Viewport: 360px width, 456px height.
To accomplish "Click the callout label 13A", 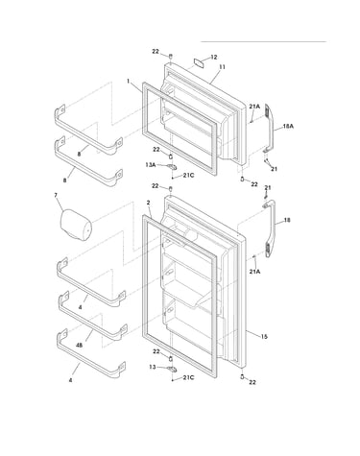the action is pos(150,165).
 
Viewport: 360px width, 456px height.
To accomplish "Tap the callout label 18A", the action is pos(288,127).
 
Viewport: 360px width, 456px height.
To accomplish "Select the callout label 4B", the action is pos(80,346).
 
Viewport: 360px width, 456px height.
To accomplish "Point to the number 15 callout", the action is pos(264,337).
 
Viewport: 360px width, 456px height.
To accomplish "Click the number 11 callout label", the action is pos(222,67).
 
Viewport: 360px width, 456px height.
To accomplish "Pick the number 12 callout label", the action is pos(214,58).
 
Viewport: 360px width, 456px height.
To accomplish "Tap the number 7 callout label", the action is pos(56,194).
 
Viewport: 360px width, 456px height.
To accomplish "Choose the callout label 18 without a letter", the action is pos(287,220).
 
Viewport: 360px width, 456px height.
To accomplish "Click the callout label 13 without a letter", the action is pos(153,367).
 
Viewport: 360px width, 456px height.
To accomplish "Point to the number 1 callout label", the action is pos(129,82).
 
